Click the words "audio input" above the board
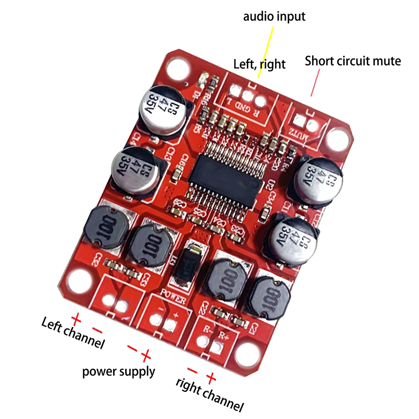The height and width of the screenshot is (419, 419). click(x=274, y=16)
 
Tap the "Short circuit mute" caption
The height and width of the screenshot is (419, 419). click(x=352, y=61)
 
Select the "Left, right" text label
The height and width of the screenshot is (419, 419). click(x=259, y=64)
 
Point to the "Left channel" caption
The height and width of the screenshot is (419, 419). click(x=73, y=334)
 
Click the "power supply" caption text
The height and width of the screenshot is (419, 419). click(x=119, y=371)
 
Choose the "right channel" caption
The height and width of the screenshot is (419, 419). click(x=210, y=394)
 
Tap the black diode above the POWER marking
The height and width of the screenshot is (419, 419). click(x=191, y=264)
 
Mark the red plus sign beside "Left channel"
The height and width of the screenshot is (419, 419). click(x=76, y=318)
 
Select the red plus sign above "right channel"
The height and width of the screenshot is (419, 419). click(x=212, y=376)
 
